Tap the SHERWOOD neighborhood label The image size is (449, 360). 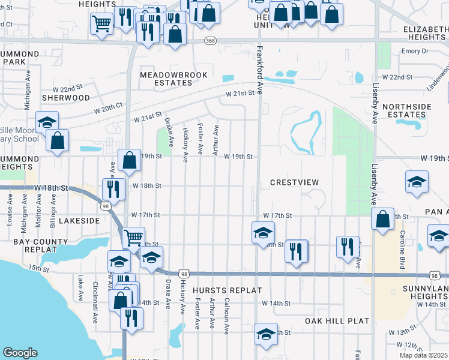coord(66,98)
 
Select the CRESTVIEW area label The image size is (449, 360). coord(294,182)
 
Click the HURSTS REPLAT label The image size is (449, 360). coord(228,290)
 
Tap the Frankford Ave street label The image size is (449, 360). coord(260,71)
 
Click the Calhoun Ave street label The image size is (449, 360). coord(227,316)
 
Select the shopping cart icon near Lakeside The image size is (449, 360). coord(134,237)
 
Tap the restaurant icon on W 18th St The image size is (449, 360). coord(113,189)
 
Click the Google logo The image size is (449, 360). coord(20,353)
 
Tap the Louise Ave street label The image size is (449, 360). coord(10,214)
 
